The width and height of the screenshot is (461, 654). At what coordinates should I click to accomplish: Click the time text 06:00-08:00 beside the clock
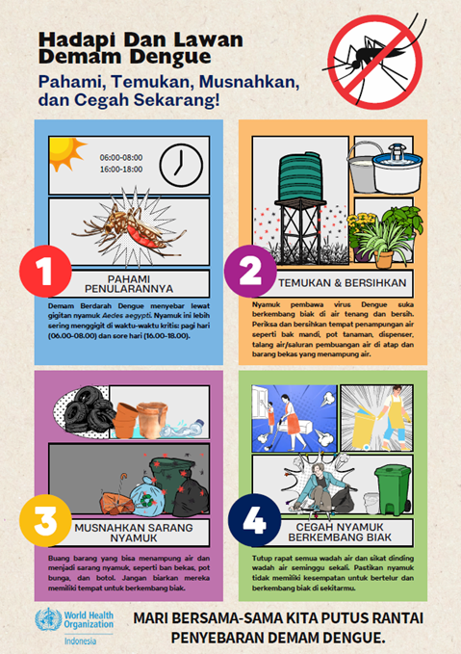(121, 156)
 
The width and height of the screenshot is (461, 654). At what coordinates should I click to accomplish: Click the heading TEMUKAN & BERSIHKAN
(344, 282)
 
